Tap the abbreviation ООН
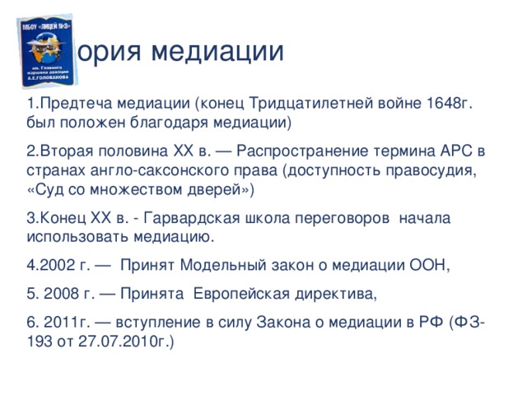[x=427, y=265]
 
